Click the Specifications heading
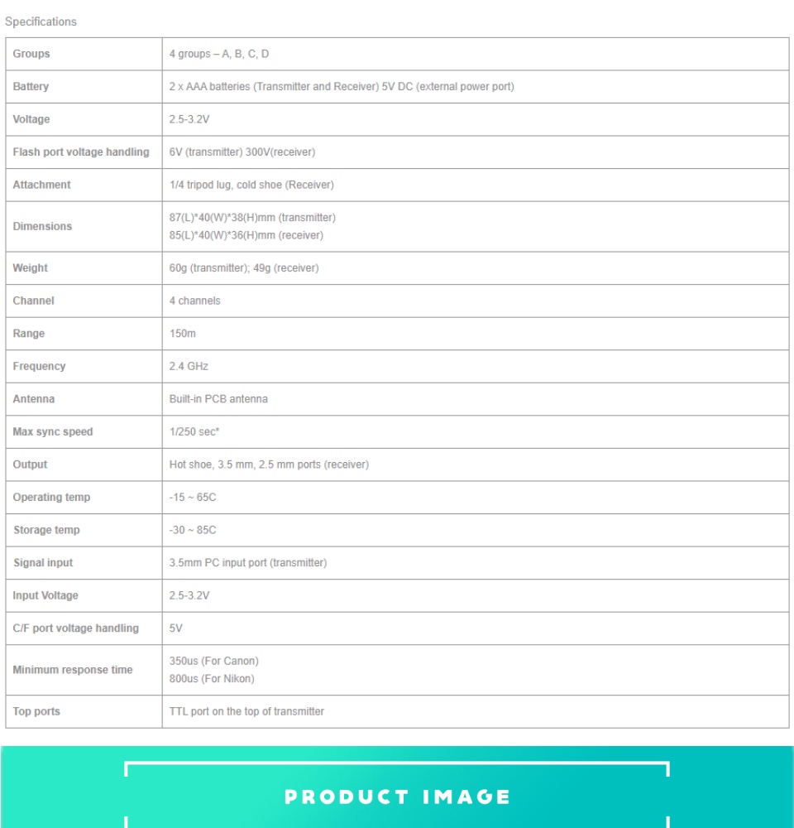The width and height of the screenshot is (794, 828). coord(41,22)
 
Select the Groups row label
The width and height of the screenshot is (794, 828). coord(31,54)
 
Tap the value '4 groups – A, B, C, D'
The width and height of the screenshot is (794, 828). coord(219,54)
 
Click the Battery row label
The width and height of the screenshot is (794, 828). coord(31,87)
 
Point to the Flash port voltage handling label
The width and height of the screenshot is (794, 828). coord(81,152)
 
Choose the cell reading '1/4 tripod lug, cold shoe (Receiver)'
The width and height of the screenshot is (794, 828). coord(251,185)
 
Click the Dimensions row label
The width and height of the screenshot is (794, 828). coord(42,226)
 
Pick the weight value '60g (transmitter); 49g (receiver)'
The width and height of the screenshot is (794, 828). coord(244,268)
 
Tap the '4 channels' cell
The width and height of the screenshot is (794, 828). coord(195,301)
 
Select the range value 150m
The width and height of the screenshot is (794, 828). coord(183,334)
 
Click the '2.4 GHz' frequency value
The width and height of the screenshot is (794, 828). coord(189,366)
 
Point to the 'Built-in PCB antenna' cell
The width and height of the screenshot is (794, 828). coord(218,399)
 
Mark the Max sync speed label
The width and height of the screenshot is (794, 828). coord(53,431)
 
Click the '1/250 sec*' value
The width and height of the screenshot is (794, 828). coord(194,431)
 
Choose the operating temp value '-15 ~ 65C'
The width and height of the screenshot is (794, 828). coord(193,498)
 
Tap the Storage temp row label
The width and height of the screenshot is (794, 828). coord(46,530)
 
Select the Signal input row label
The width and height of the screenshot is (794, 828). coord(43,563)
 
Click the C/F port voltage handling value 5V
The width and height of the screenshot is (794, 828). coord(176,628)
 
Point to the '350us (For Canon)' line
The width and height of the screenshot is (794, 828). coord(214,661)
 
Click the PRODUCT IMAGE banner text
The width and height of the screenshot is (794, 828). coord(397,797)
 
